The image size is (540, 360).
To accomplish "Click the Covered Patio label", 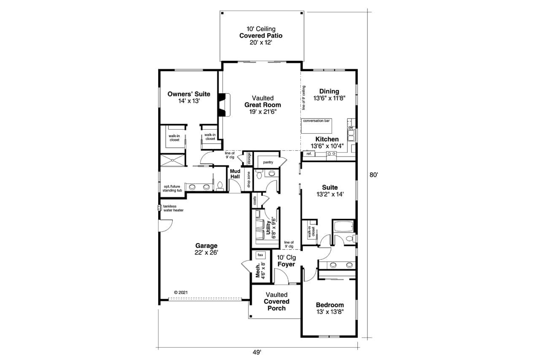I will coord(261,36).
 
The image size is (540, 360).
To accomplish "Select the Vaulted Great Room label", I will coord(262,105).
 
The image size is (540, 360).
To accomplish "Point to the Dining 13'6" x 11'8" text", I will coord(329,94).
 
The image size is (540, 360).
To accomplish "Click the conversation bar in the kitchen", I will coord(316,121).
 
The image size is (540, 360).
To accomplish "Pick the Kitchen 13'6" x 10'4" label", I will coord(327,143).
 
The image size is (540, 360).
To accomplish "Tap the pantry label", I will coord(268,162).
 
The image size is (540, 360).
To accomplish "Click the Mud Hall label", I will coord(235,174).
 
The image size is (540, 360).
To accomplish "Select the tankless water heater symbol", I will coord(159,207).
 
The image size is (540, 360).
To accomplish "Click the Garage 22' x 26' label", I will coord(206,249).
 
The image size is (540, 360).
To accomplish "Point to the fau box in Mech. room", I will coord(260,255).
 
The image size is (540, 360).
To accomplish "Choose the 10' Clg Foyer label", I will coord(286,261).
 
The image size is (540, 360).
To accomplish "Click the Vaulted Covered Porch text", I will coord(277,301).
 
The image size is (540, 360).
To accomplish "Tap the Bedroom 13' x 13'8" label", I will coord(329,308).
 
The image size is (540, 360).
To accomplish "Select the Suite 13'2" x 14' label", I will coord(329,191).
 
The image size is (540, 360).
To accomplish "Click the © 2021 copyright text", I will coord(181,292).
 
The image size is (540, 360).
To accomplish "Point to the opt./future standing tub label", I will coord(173,188).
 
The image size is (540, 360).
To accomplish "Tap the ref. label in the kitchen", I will coord(309,154).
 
